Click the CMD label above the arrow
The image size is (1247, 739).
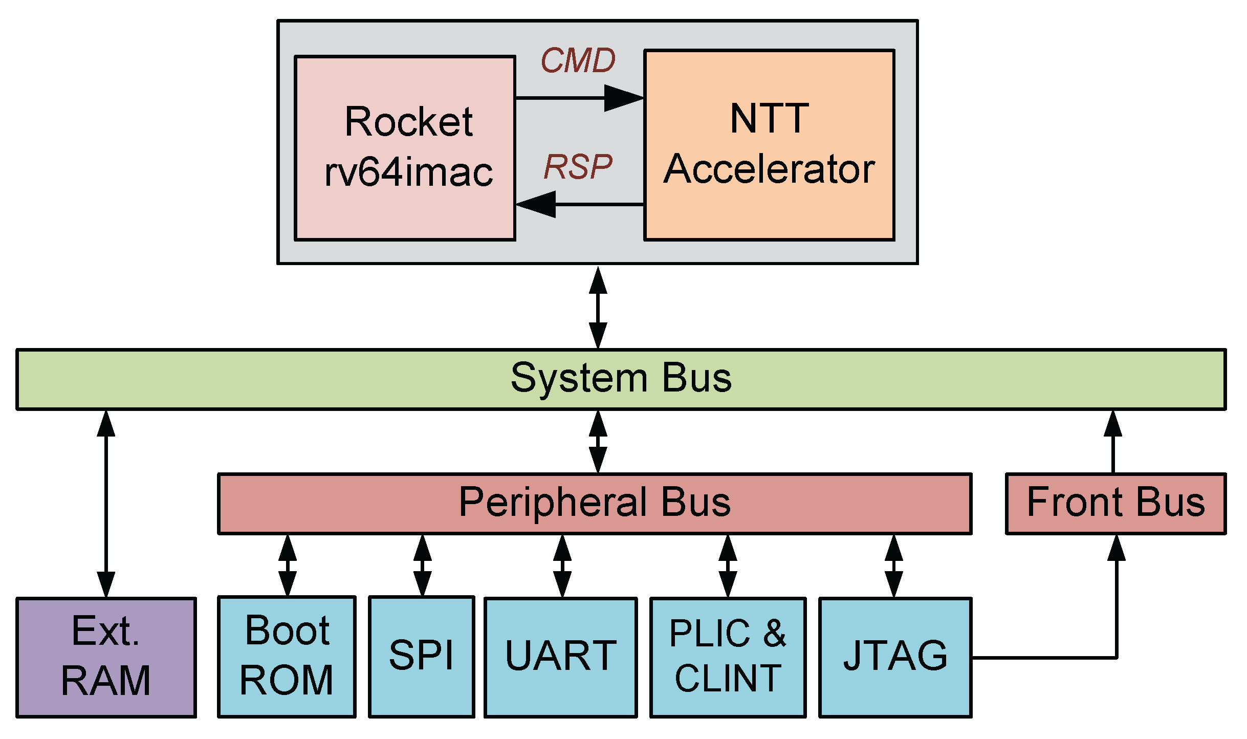[578, 61]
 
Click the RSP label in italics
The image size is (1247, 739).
[578, 167]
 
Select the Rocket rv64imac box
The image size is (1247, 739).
[405, 147]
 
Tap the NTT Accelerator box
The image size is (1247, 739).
[769, 145]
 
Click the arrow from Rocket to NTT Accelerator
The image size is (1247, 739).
[579, 97]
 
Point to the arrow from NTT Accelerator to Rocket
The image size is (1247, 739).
[579, 204]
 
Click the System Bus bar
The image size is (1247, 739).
[621, 379]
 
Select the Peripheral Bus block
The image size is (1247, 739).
[594, 504]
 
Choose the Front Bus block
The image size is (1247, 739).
[1115, 504]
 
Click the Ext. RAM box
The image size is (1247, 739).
[106, 657]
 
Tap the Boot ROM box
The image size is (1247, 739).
[287, 657]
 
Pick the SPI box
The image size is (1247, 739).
[421, 657]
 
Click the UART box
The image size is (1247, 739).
[560, 657]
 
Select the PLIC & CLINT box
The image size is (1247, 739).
[728, 657]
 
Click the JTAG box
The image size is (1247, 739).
[895, 657]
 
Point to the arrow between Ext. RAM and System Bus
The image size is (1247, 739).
[106, 504]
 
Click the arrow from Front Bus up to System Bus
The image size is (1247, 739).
[1112, 442]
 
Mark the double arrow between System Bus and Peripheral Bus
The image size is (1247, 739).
[598, 442]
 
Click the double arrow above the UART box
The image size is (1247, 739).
[562, 566]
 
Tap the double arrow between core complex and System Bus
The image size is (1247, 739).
[598, 307]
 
